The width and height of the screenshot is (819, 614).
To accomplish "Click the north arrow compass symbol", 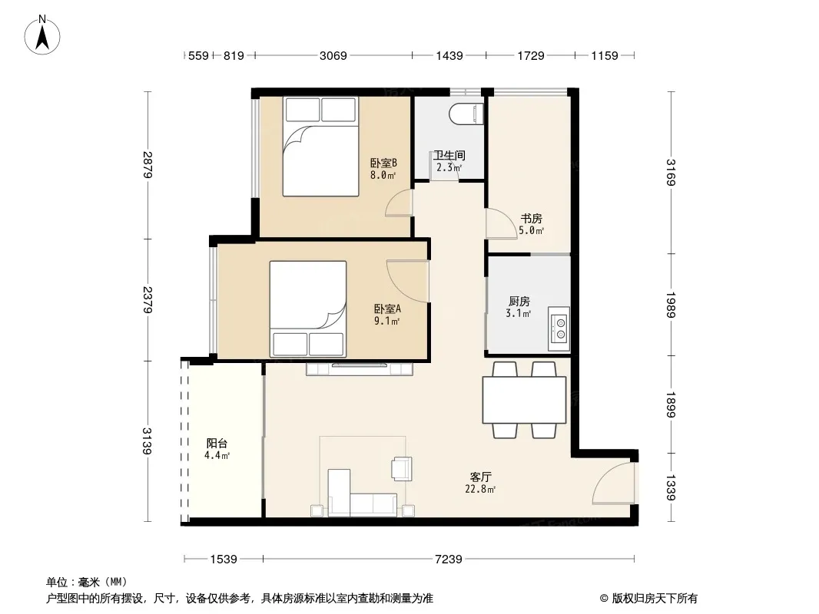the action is (42, 35).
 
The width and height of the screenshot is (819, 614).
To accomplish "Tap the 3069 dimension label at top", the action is (333, 55).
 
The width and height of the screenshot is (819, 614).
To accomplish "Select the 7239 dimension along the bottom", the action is (449, 560).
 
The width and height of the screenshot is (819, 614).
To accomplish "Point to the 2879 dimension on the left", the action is (148, 165).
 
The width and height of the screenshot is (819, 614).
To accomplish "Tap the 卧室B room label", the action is (383, 163).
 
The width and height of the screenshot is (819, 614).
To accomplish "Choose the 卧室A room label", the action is (387, 309).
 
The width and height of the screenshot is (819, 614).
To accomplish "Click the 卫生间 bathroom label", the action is (449, 156).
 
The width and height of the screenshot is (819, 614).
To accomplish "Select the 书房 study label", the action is (531, 219).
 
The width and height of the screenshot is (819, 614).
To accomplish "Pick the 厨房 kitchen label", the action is (519, 302).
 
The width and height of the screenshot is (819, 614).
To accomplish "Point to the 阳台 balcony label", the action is (217, 444).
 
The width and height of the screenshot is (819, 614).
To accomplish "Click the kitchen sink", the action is (559, 328).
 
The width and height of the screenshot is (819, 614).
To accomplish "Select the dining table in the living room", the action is (525, 400).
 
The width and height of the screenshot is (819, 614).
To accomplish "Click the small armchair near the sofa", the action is (402, 468).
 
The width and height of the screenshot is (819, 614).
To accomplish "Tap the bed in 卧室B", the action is (320, 147).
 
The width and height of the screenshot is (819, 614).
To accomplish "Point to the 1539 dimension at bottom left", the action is (224, 560).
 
